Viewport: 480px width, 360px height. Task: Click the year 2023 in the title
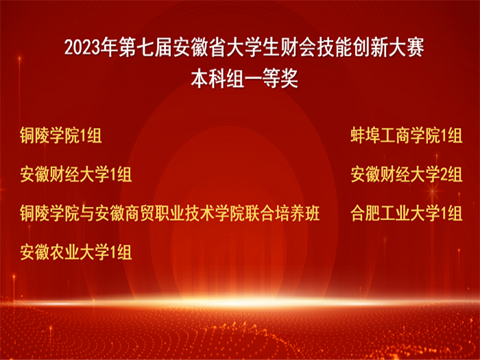pyautogui.click(x=83, y=48)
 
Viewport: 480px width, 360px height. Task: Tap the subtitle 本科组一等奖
pyautogui.click(x=244, y=80)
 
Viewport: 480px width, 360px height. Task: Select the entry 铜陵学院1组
pyautogui.click(x=60, y=136)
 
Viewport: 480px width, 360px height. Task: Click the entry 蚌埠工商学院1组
pyautogui.click(x=406, y=136)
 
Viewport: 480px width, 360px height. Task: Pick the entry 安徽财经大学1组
pyautogui.click(x=76, y=174)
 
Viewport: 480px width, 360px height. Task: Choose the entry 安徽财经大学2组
pyautogui.click(x=406, y=174)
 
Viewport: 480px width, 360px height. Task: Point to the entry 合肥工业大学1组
pyautogui.click(x=406, y=213)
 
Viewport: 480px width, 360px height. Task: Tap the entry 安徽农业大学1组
pyautogui.click(x=76, y=252)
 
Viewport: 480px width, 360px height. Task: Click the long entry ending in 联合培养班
pyautogui.click(x=170, y=213)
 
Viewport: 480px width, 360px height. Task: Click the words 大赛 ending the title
pyautogui.click(x=406, y=48)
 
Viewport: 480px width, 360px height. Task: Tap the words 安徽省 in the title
pyautogui.click(x=200, y=48)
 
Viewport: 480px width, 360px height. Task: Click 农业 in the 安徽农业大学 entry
pyautogui.click(x=64, y=252)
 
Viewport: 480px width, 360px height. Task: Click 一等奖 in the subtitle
pyautogui.click(x=271, y=80)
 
